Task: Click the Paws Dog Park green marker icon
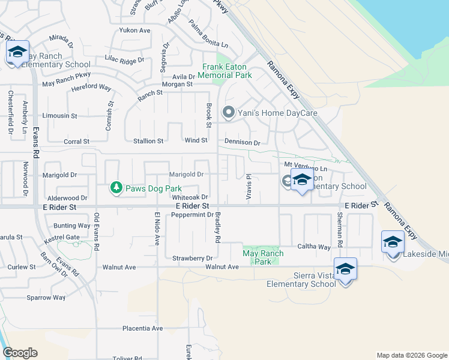tap(116, 188)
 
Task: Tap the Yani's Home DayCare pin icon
tap(228, 112)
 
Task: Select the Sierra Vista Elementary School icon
tap(345, 269)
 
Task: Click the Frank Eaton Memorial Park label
tap(226, 71)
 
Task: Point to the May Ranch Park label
tap(262, 257)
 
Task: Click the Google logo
tap(20, 353)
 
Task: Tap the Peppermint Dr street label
tap(193, 215)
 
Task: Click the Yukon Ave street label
tap(134, 30)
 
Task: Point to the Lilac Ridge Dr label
tap(124, 60)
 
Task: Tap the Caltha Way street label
tap(315, 247)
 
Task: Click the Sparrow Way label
tap(46, 297)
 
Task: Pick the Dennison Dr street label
tap(242, 143)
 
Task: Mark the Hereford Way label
tap(91, 87)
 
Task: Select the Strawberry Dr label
tap(193, 258)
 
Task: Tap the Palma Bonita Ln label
tap(208, 35)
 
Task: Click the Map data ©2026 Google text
tap(411, 355)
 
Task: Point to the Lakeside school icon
tap(393, 242)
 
